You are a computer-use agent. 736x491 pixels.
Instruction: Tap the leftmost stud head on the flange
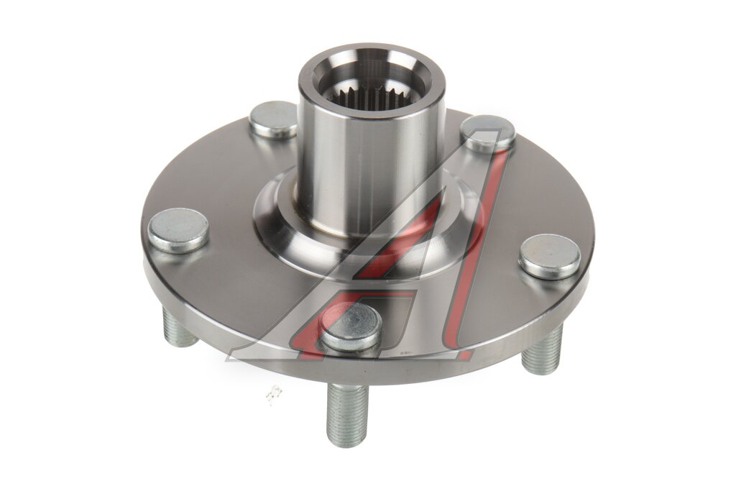[178, 231]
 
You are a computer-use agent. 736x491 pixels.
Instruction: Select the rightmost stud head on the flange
[550, 256]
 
